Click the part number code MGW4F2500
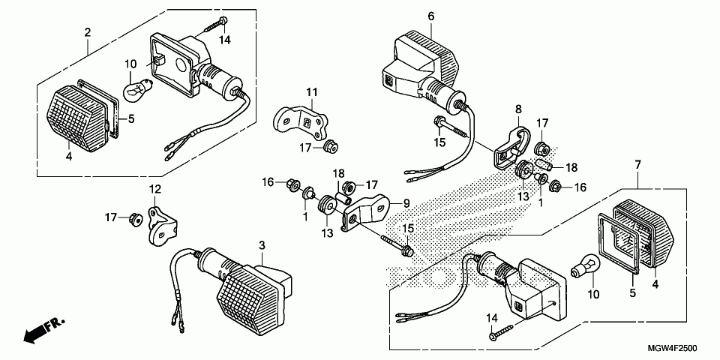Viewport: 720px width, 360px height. (x=672, y=349)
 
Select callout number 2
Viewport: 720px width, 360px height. (x=88, y=32)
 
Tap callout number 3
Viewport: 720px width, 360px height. (x=262, y=245)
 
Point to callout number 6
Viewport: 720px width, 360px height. (x=431, y=16)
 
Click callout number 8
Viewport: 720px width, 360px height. (x=517, y=109)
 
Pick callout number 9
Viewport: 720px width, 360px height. (x=406, y=202)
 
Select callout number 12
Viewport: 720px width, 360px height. (x=154, y=189)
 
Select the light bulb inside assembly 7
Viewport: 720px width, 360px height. (x=583, y=267)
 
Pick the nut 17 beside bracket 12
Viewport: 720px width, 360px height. (x=135, y=219)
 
